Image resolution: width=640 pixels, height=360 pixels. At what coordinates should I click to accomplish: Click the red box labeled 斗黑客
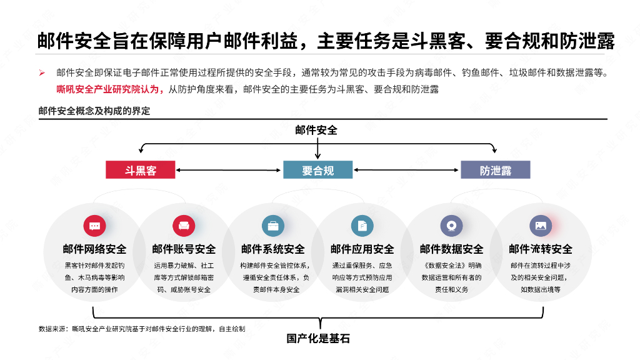click(x=140, y=169)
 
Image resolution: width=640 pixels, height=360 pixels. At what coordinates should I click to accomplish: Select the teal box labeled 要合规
click(x=318, y=169)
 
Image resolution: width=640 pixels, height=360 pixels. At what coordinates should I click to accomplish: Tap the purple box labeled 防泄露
click(x=495, y=169)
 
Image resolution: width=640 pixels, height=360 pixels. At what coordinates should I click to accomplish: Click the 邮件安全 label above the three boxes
click(x=316, y=130)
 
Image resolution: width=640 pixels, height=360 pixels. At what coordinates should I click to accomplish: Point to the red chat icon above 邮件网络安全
click(x=95, y=226)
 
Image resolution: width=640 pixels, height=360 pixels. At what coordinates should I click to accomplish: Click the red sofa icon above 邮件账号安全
click(x=184, y=226)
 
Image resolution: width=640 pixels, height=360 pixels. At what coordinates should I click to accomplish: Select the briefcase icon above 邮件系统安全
click(x=273, y=226)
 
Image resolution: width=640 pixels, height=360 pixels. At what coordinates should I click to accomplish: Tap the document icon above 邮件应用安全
click(x=362, y=226)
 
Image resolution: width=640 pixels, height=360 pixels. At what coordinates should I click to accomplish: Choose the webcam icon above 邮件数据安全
click(x=451, y=226)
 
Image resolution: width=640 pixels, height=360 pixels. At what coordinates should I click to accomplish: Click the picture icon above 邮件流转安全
click(x=541, y=226)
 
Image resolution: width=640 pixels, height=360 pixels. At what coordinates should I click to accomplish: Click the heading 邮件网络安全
click(x=95, y=249)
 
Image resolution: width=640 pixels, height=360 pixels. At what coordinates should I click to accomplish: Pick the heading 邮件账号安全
click(x=184, y=249)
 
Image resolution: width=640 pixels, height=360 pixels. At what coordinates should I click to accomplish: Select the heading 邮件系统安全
click(x=273, y=249)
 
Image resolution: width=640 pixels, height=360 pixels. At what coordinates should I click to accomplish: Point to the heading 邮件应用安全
click(x=362, y=249)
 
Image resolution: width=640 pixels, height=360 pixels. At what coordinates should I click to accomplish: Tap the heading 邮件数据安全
click(x=451, y=249)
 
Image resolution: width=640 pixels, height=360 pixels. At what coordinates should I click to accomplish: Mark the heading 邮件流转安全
click(x=541, y=249)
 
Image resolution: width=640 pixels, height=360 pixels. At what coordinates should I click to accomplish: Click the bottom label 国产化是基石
click(x=318, y=339)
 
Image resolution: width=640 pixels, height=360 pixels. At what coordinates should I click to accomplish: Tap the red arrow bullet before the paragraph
click(x=42, y=73)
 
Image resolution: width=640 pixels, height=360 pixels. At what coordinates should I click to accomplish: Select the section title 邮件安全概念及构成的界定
click(x=94, y=111)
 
